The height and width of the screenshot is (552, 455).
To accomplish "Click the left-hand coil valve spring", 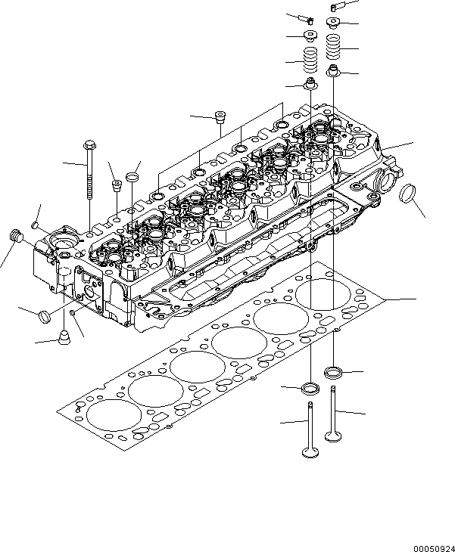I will (310, 58).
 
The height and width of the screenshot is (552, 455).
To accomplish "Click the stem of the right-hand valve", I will (333, 408).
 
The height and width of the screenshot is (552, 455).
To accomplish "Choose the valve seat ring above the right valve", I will (333, 371).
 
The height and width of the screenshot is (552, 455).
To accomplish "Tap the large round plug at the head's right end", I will (408, 194).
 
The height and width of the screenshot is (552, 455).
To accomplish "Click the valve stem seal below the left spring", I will (310, 82).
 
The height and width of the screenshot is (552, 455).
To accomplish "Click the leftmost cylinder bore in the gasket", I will (108, 413).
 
